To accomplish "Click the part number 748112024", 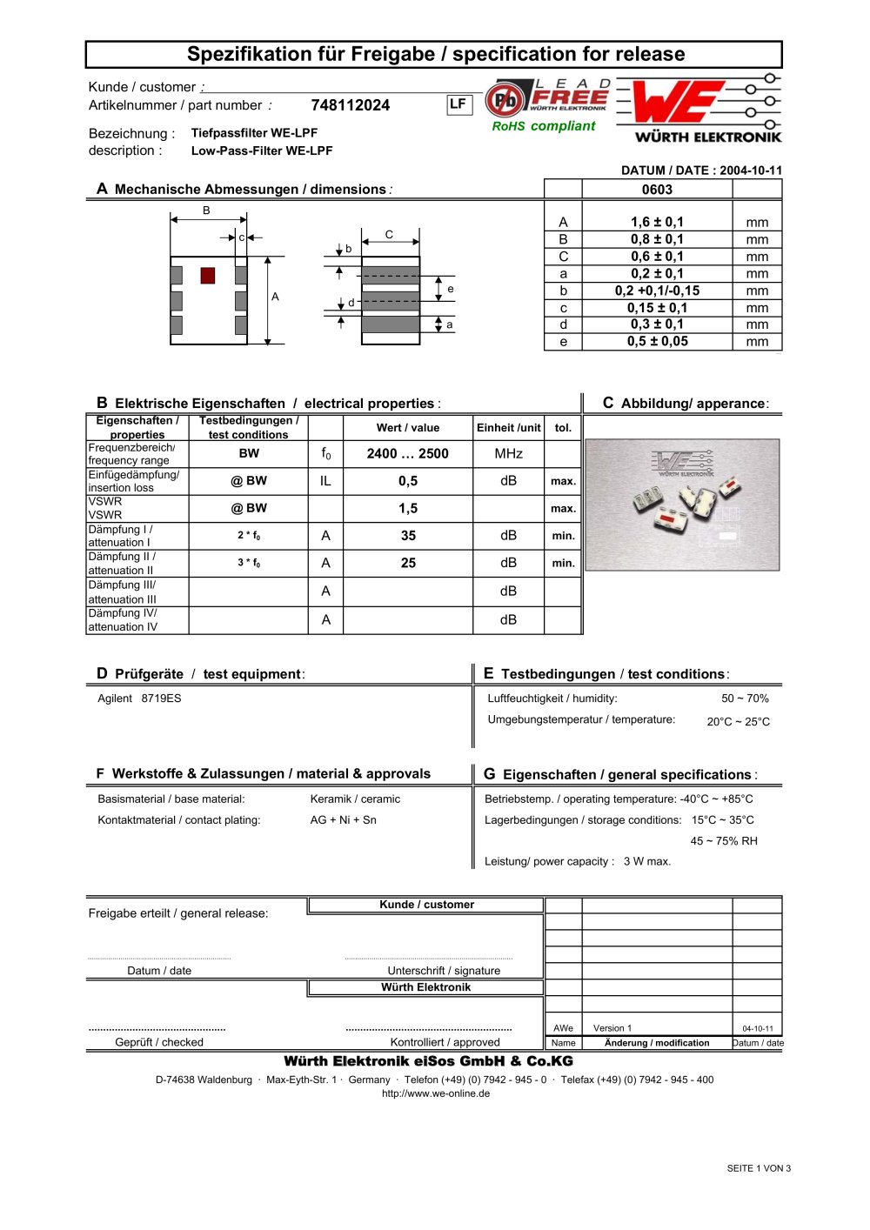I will tap(350, 105).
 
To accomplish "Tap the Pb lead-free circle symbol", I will tap(504, 101).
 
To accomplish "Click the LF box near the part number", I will tap(458, 104).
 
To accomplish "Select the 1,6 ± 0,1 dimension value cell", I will tap(657, 222).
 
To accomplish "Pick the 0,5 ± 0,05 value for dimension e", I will tap(657, 341).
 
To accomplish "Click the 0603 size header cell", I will tap(657, 190).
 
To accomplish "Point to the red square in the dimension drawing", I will tap(207, 275).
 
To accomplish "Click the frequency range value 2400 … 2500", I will tap(407, 453).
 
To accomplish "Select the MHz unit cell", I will tap(508, 453).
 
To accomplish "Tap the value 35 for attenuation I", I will tap(408, 536).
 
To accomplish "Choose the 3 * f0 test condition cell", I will tap(249, 563).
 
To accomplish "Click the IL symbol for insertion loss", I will tap(325, 481).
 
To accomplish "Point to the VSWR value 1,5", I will tap(408, 508).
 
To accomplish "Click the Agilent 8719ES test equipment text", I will tap(139, 699).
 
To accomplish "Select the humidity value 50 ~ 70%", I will tap(745, 699).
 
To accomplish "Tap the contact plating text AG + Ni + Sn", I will tap(343, 819).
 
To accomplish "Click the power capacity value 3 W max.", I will tap(646, 861).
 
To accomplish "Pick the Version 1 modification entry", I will tap(612, 1028).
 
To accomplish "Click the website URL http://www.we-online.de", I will tap(435, 1093).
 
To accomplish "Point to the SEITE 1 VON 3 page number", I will tap(759, 1168).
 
